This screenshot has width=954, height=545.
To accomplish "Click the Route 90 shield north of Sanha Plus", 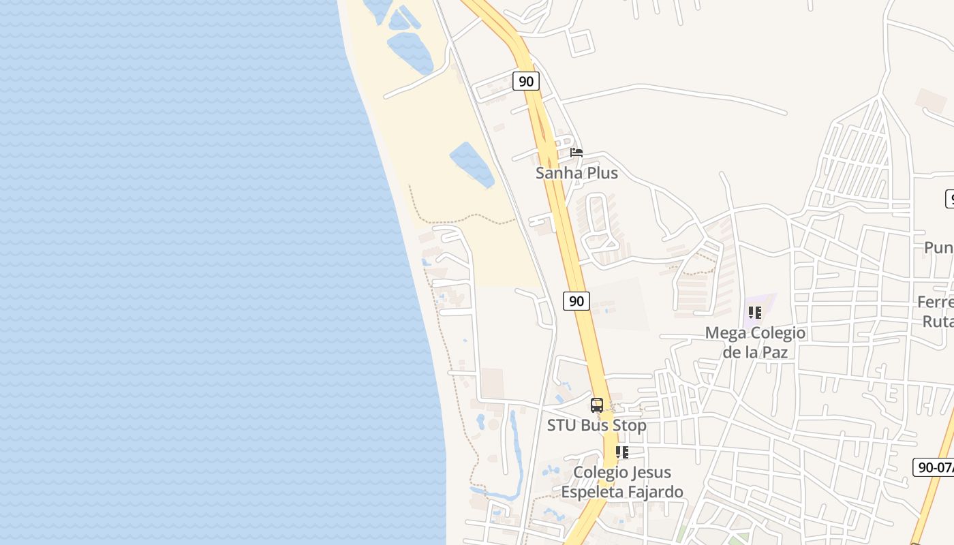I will tap(525, 81).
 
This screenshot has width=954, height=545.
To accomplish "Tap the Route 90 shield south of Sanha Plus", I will tap(576, 300).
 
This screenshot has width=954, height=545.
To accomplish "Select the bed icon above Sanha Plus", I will tap(576, 153).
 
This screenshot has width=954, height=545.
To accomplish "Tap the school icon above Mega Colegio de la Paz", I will tap(754, 313).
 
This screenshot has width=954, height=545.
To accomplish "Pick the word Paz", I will tap(775, 352).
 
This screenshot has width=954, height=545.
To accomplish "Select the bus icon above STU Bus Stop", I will tap(597, 405).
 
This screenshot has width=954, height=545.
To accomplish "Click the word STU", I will tap(561, 426).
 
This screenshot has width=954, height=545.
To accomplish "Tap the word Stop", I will tap(630, 426).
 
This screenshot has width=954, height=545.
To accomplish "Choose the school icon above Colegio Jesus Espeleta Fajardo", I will tap(621, 452).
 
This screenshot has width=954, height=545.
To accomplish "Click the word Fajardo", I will tap(655, 491).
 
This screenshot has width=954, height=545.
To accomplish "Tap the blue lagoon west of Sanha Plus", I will tap(472, 164).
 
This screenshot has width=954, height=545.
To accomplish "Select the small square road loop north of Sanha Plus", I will tap(582, 42).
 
